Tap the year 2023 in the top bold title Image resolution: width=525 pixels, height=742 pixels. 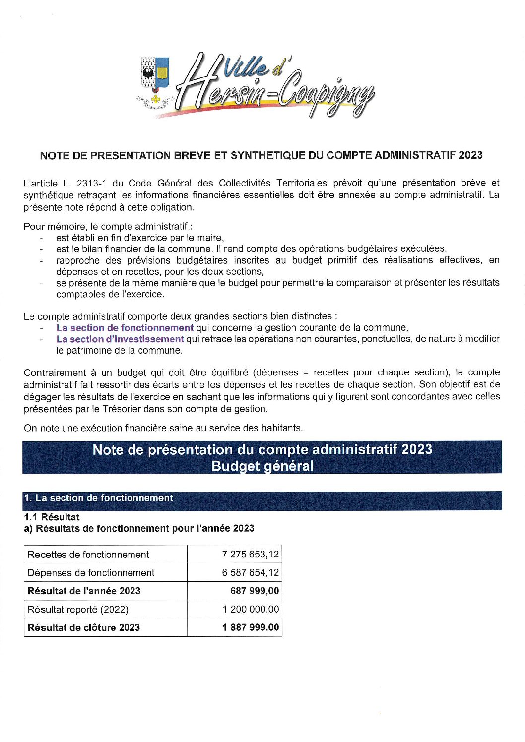[x=470, y=155]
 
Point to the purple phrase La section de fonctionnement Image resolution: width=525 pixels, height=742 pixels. [x=125, y=328]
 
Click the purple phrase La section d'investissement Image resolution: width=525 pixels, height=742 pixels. [x=120, y=339]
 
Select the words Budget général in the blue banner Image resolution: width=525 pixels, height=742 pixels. [x=262, y=466]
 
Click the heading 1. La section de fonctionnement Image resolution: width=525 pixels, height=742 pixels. [x=98, y=498]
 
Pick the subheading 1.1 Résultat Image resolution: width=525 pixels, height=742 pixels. [x=52, y=517]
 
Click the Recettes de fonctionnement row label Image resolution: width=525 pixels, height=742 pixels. [x=88, y=555]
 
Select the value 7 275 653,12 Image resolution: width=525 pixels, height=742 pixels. [x=250, y=555]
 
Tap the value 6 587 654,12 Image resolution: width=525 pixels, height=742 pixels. [x=250, y=573]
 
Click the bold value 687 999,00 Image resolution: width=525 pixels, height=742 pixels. [x=254, y=591]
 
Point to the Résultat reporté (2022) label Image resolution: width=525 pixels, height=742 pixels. [x=78, y=609]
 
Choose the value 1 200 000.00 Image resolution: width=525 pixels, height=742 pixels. [x=251, y=609]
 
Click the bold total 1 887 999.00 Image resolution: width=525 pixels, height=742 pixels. [x=251, y=627]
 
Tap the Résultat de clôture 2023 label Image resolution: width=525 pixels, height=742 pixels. [x=84, y=627]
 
